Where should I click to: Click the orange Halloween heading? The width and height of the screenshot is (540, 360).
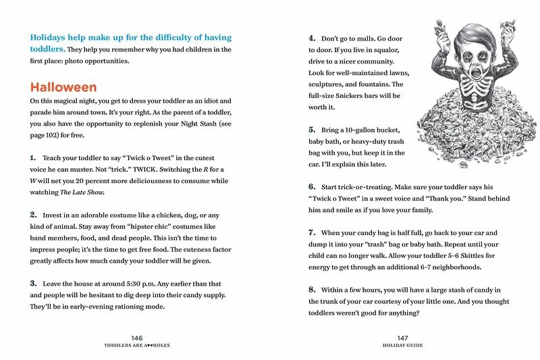[x=63, y=88]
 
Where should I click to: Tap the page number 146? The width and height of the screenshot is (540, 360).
[x=138, y=337]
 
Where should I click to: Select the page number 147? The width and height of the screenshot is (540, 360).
[x=403, y=337]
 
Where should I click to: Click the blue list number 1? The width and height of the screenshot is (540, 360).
[x=32, y=157]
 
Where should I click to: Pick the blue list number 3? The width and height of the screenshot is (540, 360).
[x=32, y=282]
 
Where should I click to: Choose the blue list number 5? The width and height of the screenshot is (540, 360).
[x=312, y=129]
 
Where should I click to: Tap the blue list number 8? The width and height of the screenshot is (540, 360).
[x=312, y=290]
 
